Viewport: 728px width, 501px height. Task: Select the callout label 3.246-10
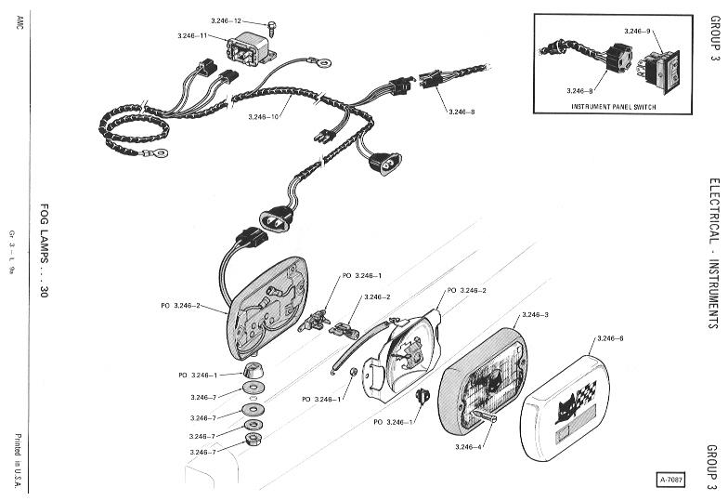(267, 116)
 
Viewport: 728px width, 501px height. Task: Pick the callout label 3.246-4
(470, 447)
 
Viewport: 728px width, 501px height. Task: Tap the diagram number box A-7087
(672, 481)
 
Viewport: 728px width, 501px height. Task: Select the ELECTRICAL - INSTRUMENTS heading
(712, 242)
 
